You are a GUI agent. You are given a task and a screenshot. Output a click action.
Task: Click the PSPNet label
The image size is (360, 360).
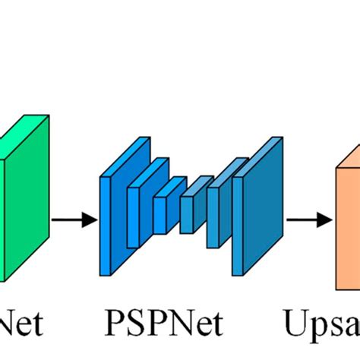pyautogui.click(x=164, y=324)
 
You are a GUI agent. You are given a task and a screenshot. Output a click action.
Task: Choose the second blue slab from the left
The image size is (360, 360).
pyautogui.click(x=134, y=216)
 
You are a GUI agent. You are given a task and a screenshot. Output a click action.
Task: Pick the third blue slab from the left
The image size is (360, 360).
pyautogui.click(x=159, y=213)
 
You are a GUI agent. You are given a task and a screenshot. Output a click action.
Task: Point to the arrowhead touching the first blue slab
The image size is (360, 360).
pyautogui.click(x=92, y=220)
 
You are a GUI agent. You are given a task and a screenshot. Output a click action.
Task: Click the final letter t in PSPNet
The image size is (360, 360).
pyautogui.click(x=217, y=325)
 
